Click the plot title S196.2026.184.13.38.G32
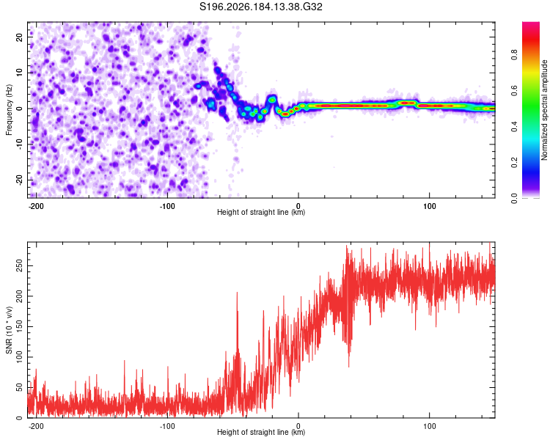point(260,7)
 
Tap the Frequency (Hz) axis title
point(9,109)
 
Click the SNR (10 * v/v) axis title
point(9,330)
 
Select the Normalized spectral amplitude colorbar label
point(544,110)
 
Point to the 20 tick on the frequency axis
point(20,37)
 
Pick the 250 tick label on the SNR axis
point(20,266)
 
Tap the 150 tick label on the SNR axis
point(20,326)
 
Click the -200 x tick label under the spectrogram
point(36,206)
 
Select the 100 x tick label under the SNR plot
point(429,426)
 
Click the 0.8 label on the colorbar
point(514,54)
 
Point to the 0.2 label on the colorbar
point(514,163)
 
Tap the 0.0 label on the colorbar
point(514,199)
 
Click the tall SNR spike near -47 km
point(237,293)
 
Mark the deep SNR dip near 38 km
point(348,367)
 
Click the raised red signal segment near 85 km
point(408,103)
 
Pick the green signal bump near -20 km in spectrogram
point(272,100)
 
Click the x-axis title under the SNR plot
point(261,432)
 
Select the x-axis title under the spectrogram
point(261,212)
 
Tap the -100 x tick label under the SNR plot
point(167,426)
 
